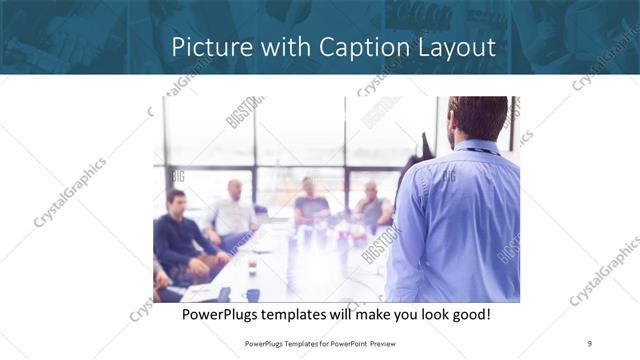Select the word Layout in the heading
[455, 47]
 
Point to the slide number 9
[590, 343]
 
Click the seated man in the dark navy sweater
[178, 235]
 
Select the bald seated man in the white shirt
[233, 211]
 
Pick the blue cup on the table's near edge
[253, 295]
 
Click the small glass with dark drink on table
[251, 267]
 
